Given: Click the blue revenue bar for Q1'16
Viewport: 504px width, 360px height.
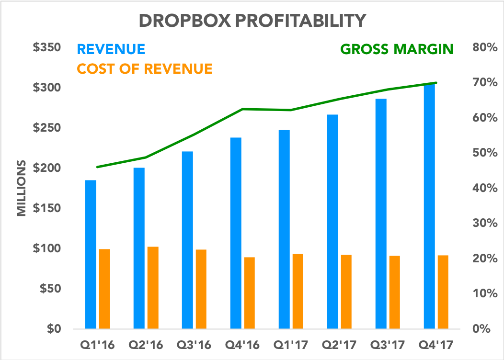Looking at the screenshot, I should point(91,254).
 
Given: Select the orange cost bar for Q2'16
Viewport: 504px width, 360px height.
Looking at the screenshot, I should point(153,287).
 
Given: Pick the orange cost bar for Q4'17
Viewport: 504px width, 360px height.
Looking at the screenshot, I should point(443,292).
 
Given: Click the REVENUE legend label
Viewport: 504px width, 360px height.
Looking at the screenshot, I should point(111,49).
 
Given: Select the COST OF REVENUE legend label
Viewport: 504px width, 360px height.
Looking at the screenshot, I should point(144,69).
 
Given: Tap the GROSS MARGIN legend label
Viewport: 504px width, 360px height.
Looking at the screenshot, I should point(397,49).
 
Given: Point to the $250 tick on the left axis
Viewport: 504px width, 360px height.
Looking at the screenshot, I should point(47,128).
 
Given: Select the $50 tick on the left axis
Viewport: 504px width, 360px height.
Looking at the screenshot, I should point(49,289).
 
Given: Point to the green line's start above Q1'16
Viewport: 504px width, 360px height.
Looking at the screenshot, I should point(97,167).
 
